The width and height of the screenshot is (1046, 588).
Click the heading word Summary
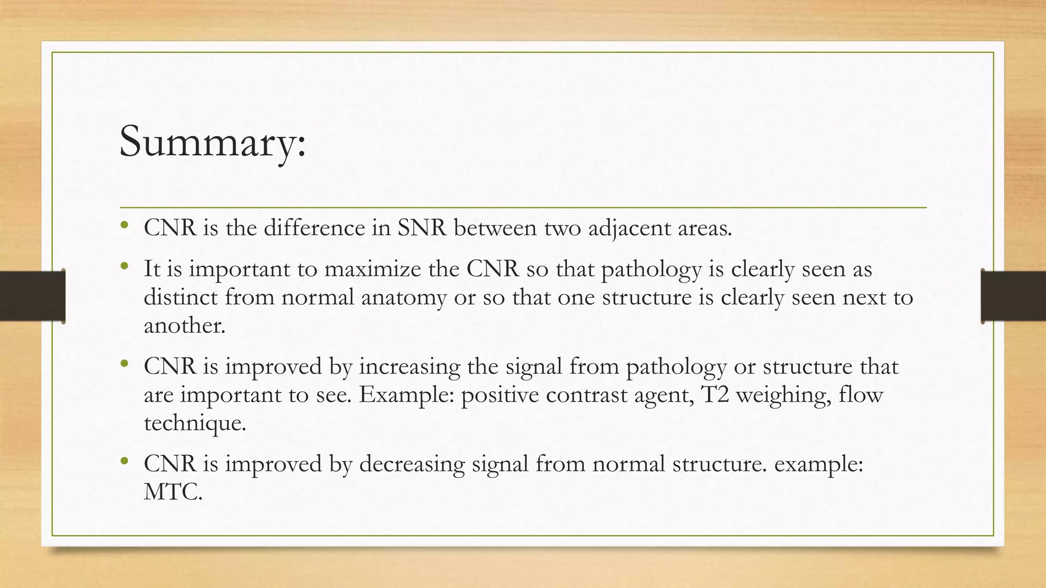click(212, 142)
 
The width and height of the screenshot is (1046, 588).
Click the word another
click(184, 326)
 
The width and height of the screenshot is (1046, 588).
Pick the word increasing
click(409, 367)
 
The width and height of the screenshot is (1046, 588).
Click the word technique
click(195, 423)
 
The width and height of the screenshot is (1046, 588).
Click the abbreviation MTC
click(173, 493)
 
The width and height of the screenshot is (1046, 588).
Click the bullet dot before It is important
click(124, 266)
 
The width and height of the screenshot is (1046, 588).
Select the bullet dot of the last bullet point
click(124, 461)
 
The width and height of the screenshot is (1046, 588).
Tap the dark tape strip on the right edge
click(1013, 296)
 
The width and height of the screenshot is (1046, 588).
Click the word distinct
click(181, 298)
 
